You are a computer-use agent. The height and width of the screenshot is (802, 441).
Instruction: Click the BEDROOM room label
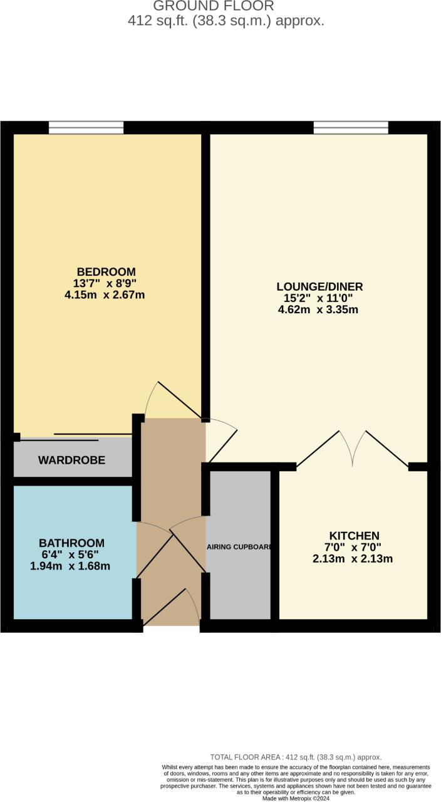(x=106, y=272)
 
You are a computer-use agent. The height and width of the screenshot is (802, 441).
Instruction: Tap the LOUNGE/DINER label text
(x=319, y=287)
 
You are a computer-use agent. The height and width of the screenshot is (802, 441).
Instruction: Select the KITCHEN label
(x=354, y=536)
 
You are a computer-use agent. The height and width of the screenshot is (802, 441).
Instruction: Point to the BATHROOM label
(x=71, y=543)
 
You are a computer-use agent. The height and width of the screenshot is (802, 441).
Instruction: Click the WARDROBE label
(x=71, y=461)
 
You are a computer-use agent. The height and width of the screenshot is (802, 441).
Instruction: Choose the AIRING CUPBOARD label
(x=239, y=547)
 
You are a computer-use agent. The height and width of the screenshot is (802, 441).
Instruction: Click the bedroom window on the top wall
(x=86, y=128)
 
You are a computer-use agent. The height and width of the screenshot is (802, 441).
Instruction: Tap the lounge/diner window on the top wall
(x=351, y=128)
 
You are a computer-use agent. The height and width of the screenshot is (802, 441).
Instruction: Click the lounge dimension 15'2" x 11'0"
(x=319, y=298)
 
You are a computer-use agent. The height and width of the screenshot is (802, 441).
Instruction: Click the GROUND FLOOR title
(x=214, y=6)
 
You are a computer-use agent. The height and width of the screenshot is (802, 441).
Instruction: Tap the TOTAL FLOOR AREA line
(x=296, y=757)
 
